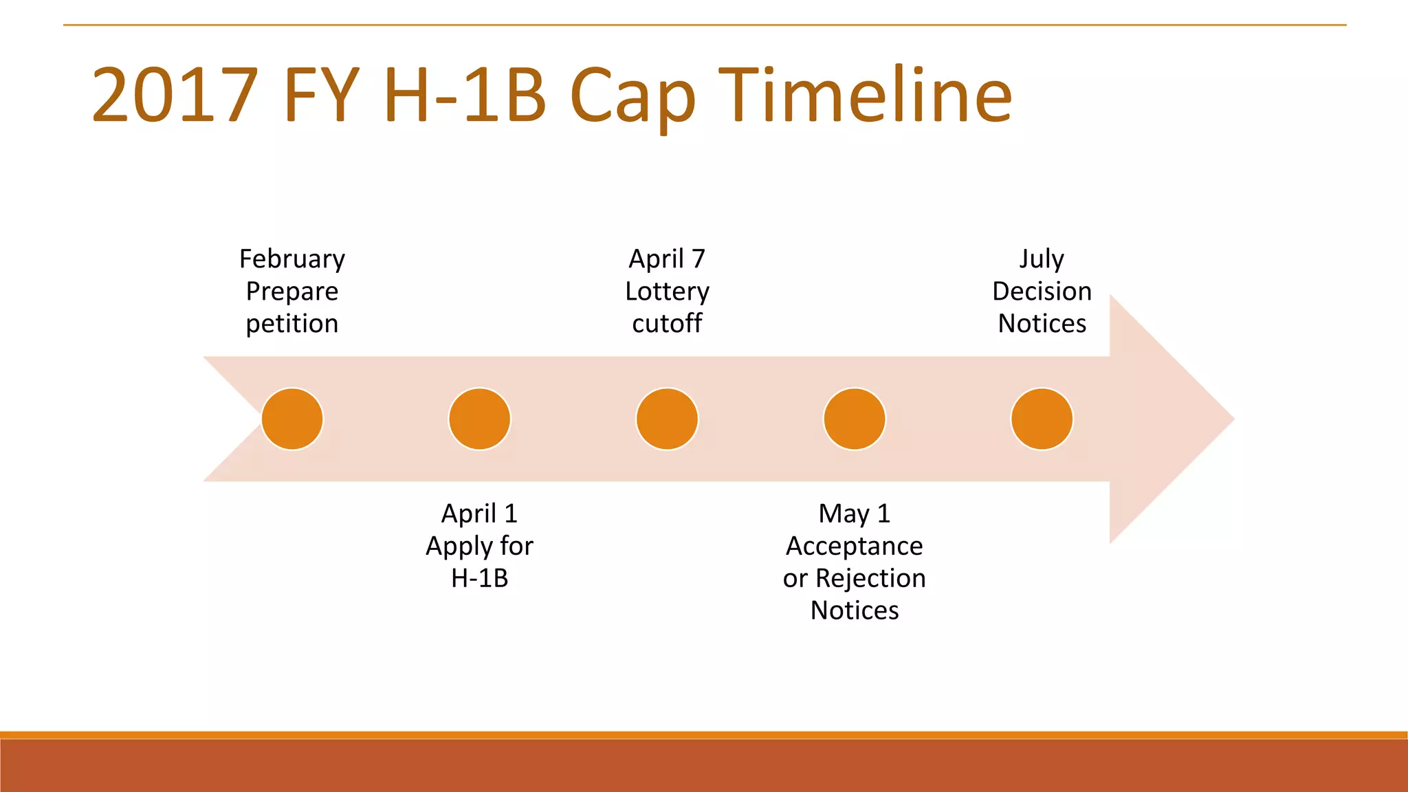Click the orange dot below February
pos(292,419)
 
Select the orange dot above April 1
pos(479,419)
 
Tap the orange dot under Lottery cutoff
pos(667,419)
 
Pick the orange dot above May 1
pos(855,419)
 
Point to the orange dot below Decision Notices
pos(1042,419)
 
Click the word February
pos(292,259)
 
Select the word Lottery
pos(667,291)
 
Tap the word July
pos(1042,259)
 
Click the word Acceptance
pos(855,546)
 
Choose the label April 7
pos(667,259)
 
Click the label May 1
pos(855,514)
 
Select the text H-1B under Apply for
pos(479,578)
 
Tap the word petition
pos(292,324)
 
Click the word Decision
pos(1042,291)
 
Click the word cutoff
pos(667,324)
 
